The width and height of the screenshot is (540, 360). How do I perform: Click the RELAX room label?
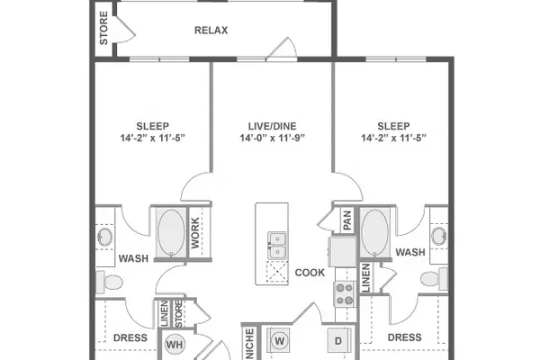tap(211, 31)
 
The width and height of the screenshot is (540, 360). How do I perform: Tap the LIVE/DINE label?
tap(272, 126)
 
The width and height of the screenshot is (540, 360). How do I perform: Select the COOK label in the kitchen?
tap(310, 273)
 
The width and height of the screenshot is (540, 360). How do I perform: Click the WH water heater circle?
tap(175, 344)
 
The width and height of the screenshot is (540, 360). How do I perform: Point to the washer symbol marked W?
tap(280, 341)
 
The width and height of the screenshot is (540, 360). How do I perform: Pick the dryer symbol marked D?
tap(338, 341)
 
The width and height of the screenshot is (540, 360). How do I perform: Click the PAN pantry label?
tap(347, 220)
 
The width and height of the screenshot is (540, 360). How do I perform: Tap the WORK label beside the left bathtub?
tap(195, 233)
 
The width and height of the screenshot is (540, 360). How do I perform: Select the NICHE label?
tap(250, 344)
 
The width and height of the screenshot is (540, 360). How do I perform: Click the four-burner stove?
tap(345, 294)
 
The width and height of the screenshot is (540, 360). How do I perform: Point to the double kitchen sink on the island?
tap(277, 246)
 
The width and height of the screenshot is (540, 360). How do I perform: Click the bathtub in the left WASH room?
tap(171, 232)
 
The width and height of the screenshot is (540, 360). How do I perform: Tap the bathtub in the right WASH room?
tap(374, 232)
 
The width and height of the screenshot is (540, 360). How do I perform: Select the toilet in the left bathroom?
tap(110, 282)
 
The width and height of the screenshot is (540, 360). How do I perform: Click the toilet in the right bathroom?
tap(435, 278)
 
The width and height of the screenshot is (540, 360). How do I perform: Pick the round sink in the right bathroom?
tap(439, 236)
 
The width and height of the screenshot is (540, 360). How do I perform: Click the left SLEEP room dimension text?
tap(153, 138)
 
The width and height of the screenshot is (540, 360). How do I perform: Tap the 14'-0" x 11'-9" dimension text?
tap(273, 138)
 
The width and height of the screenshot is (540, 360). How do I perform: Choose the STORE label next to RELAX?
tap(103, 28)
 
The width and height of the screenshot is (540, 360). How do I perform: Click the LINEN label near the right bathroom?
tap(366, 278)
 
